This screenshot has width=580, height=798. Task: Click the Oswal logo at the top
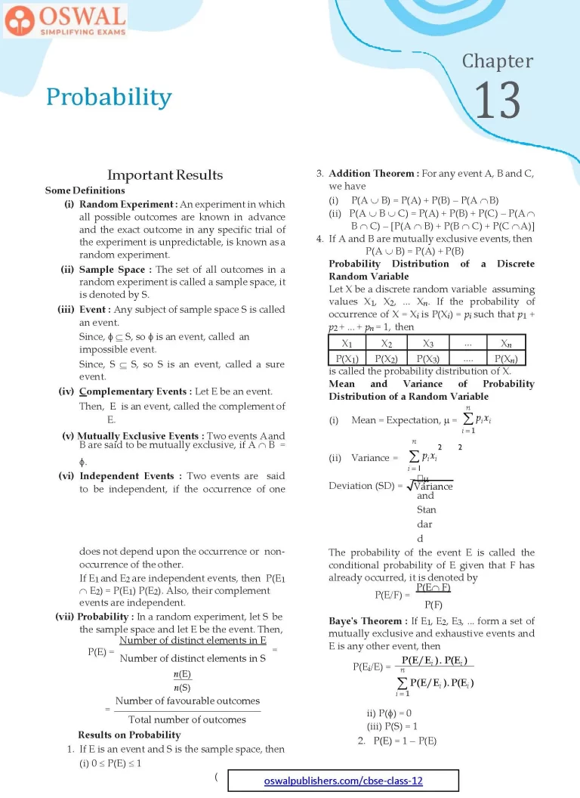65,20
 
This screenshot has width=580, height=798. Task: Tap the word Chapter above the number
497,61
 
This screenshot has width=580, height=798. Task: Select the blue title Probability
109,97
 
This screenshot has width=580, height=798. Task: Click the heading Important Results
165,175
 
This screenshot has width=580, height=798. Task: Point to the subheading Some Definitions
85,190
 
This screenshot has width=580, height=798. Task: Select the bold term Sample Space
115,269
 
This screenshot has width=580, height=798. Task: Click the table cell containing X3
427,343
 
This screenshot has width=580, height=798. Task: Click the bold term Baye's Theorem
368,620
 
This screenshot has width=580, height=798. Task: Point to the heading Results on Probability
129,735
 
